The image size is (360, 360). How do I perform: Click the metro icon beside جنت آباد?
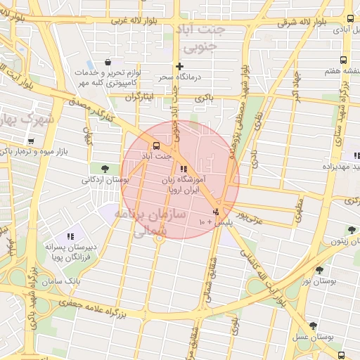[146, 147]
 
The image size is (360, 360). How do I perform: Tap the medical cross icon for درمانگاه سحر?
[180, 66]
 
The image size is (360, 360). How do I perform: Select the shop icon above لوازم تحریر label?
[106, 62]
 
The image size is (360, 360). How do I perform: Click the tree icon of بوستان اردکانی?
[105, 168]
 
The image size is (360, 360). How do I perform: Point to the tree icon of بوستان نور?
[319, 270]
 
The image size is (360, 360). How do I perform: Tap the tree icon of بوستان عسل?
[313, 326]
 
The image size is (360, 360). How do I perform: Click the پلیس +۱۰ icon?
[216, 211]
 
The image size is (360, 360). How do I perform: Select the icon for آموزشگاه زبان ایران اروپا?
[184, 169]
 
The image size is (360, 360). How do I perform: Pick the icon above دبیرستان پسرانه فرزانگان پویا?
[70, 236]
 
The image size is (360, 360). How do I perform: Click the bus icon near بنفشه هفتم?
[343, 60]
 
